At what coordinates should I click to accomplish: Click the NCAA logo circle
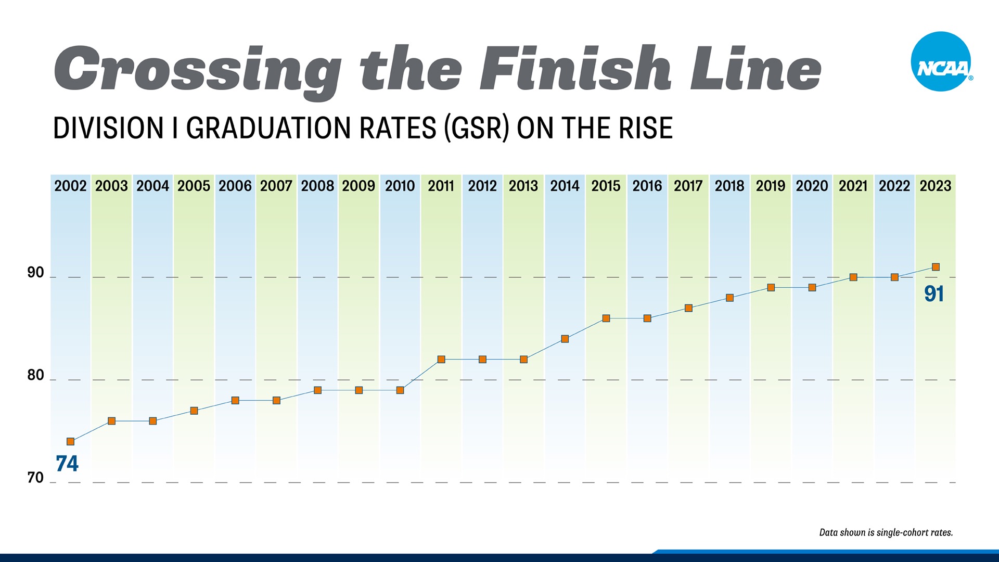coord(941,61)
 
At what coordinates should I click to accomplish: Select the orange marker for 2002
coord(71,442)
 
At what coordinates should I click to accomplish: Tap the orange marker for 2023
coord(936,267)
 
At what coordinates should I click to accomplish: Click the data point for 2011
coord(441,360)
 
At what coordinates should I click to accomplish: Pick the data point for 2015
coord(606,318)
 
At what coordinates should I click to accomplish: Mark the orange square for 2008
coord(318,390)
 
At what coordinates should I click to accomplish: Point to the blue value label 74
coord(67,464)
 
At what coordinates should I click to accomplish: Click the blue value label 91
coord(934,294)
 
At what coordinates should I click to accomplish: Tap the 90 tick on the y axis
coord(35,273)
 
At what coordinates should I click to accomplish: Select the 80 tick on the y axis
coord(35,375)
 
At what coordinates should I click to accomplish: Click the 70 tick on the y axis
coord(35,478)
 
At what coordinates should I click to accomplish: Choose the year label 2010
coord(400,186)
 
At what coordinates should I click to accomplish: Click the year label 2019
coord(771,186)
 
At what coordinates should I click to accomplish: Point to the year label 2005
coord(194,186)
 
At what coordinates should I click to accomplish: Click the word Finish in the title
coord(575,69)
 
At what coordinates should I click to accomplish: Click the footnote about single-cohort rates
coord(886,532)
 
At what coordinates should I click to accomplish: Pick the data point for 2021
coord(853,277)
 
